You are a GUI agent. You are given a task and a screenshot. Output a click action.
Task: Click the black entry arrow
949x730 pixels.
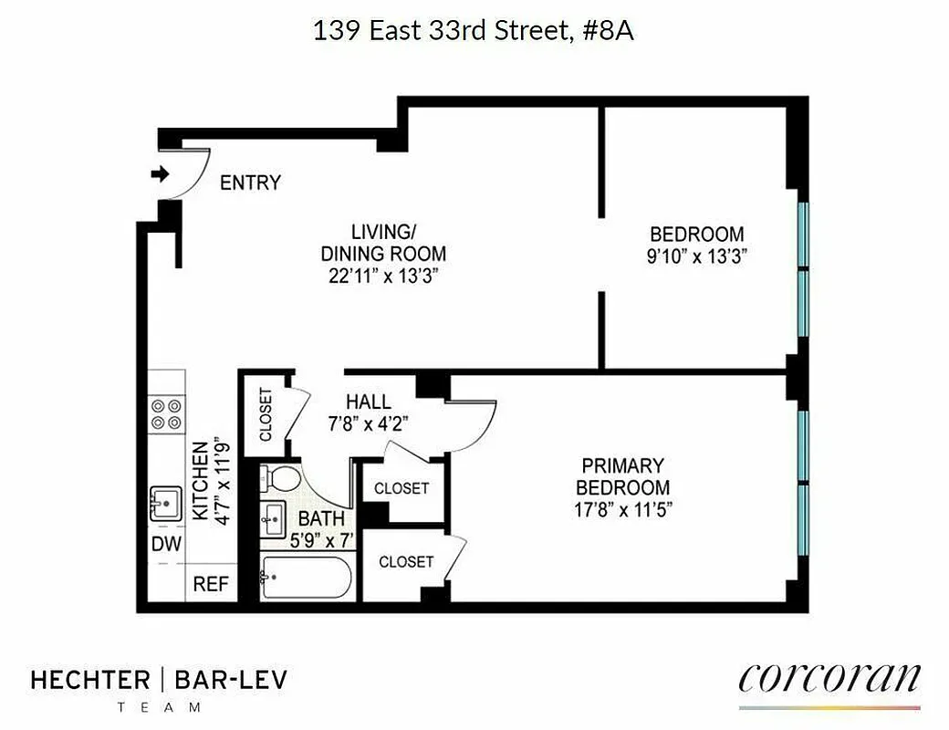click(x=161, y=174)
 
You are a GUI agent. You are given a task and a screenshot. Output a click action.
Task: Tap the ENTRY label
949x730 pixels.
click(x=250, y=183)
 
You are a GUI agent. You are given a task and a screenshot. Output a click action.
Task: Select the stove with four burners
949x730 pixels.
click(x=166, y=414)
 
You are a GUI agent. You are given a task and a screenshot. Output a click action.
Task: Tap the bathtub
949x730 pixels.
click(x=306, y=577)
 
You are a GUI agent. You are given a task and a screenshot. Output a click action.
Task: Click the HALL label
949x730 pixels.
click(x=369, y=401)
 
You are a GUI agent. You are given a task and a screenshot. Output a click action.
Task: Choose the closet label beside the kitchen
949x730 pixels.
click(x=266, y=415)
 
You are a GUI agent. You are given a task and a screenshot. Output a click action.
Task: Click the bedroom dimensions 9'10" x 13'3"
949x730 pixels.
click(x=697, y=256)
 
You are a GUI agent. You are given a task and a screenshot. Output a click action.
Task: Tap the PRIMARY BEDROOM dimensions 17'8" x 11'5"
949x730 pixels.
click(x=622, y=510)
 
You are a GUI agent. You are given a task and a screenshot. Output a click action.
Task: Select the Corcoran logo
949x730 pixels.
click(x=829, y=680)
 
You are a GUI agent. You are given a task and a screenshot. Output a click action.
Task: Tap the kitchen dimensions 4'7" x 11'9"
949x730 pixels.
click(x=219, y=478)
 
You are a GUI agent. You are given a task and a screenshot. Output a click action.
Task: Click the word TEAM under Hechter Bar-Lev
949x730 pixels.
click(x=160, y=707)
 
